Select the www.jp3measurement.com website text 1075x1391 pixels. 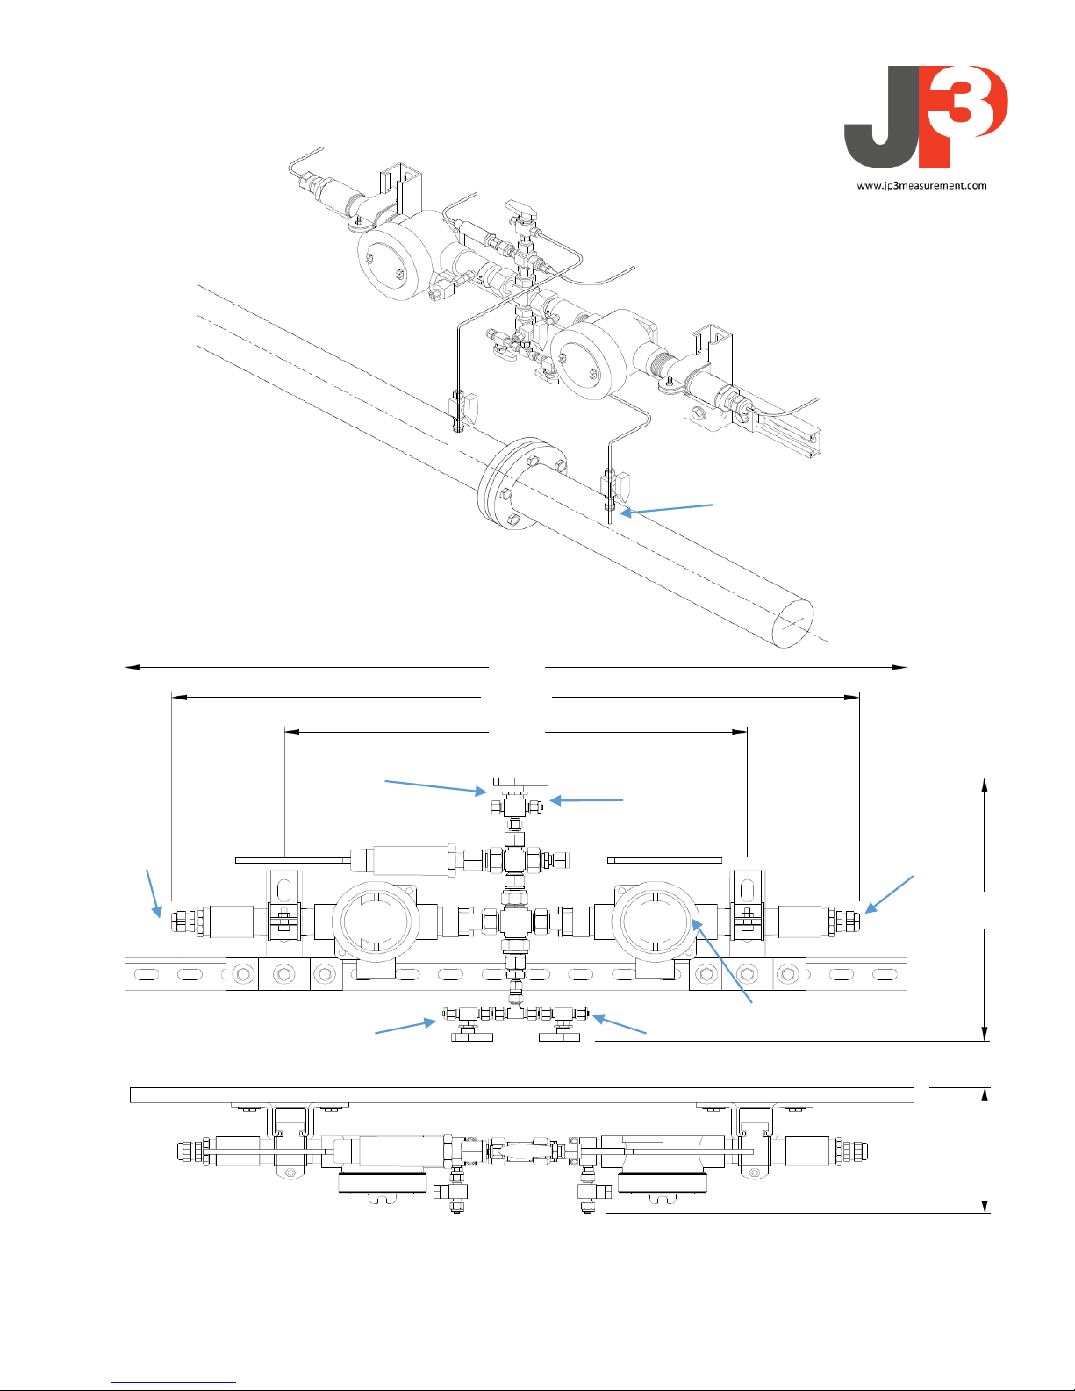click(x=921, y=185)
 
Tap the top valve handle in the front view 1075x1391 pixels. click(x=520, y=780)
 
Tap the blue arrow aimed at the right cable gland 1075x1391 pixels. click(x=890, y=894)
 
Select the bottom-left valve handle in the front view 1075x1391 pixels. click(x=473, y=1038)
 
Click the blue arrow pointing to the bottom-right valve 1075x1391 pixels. click(x=620, y=1024)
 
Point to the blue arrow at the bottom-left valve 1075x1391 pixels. click(x=405, y=1027)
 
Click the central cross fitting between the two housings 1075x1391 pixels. click(x=515, y=921)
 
